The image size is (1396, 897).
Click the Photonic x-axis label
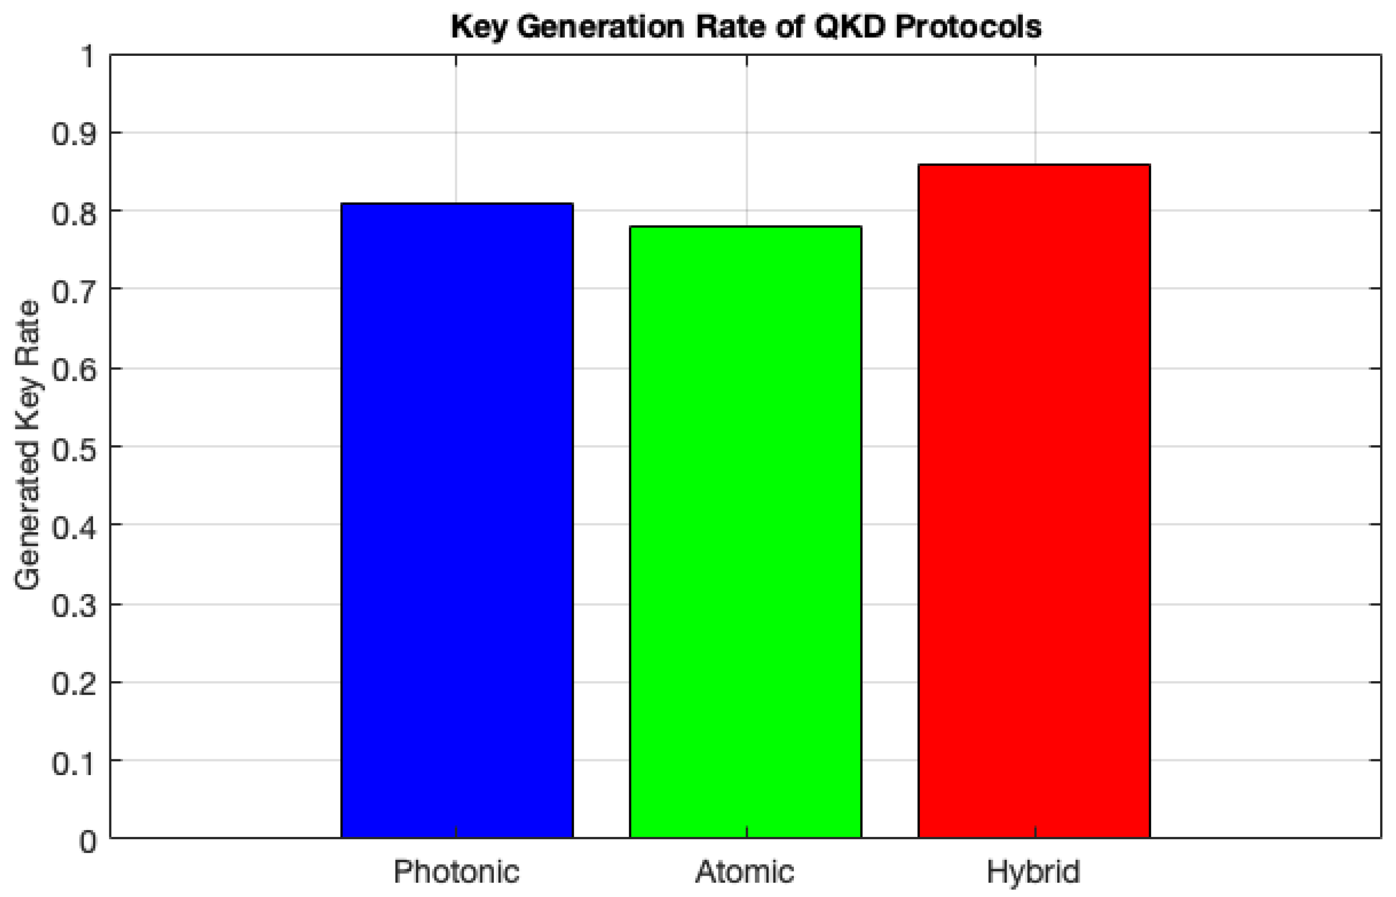pyautogui.click(x=456, y=872)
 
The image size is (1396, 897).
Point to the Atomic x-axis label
pyautogui.click(x=745, y=872)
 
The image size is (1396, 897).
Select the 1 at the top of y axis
pyautogui.click(x=87, y=56)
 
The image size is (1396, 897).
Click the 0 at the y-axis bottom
pyautogui.click(x=87, y=841)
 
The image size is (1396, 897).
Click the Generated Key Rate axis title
pyautogui.click(x=27, y=446)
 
